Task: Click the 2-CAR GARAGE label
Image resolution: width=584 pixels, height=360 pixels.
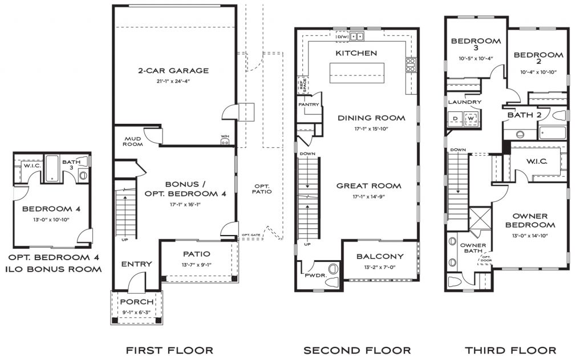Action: [x=173, y=71]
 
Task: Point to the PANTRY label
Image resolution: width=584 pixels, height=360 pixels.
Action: [x=308, y=105]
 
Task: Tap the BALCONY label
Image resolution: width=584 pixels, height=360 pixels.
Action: [x=380, y=256]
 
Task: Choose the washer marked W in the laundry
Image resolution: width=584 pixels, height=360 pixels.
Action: [x=472, y=119]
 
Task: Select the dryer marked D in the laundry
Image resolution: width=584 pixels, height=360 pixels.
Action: [x=455, y=119]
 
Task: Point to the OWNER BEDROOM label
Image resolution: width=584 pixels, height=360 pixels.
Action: [x=530, y=220]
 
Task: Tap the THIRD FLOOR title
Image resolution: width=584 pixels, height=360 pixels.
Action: [x=510, y=350]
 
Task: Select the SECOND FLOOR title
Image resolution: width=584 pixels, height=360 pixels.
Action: [x=357, y=350]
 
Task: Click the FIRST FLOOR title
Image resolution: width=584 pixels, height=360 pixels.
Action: [x=169, y=350]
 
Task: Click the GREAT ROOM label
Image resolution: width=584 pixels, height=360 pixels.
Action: [x=368, y=185]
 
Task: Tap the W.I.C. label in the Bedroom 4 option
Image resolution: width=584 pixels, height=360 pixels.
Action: [x=30, y=165]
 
